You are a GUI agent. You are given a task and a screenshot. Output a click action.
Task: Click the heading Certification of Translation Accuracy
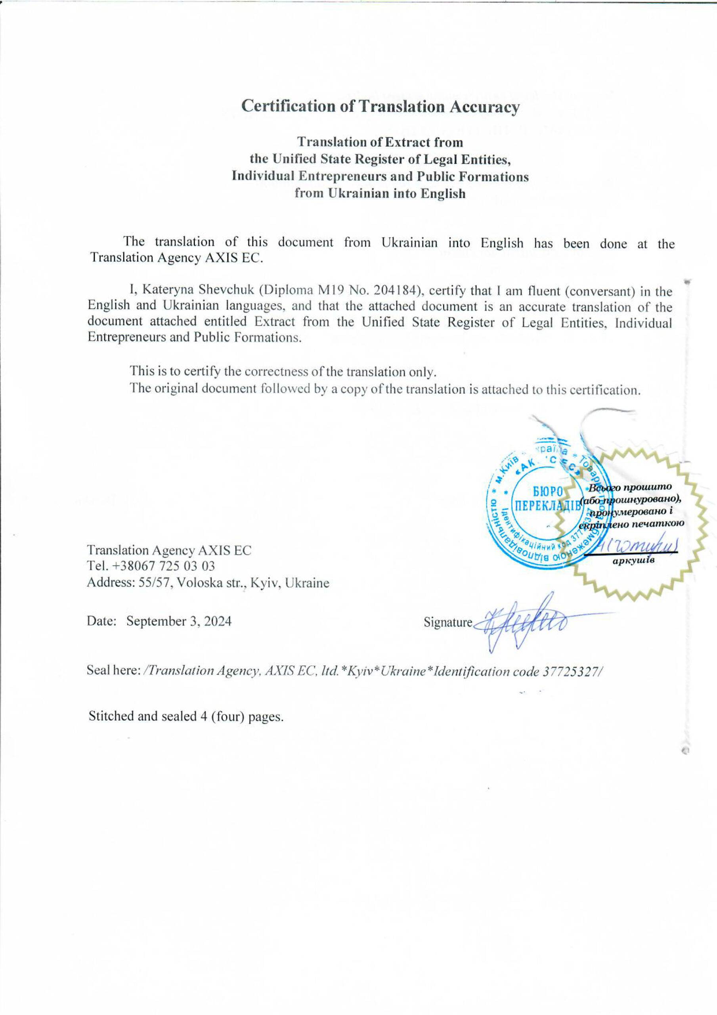(x=380, y=107)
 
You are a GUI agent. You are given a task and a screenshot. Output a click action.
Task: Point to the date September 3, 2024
(x=179, y=621)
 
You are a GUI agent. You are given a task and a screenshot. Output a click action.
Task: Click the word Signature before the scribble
(x=448, y=622)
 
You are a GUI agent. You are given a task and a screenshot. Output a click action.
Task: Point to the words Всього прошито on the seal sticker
(x=630, y=487)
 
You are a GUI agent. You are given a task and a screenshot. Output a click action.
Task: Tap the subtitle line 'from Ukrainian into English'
(x=380, y=193)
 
